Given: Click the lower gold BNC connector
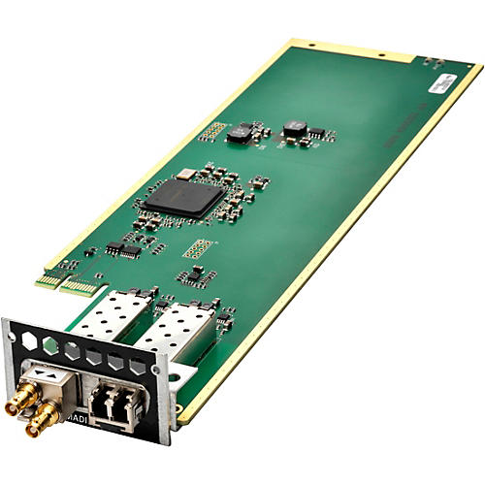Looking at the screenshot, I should pyautogui.click(x=44, y=423).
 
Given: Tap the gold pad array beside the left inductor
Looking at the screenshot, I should pyautogui.click(x=213, y=130).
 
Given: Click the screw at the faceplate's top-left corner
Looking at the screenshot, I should pyautogui.click(x=14, y=335).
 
